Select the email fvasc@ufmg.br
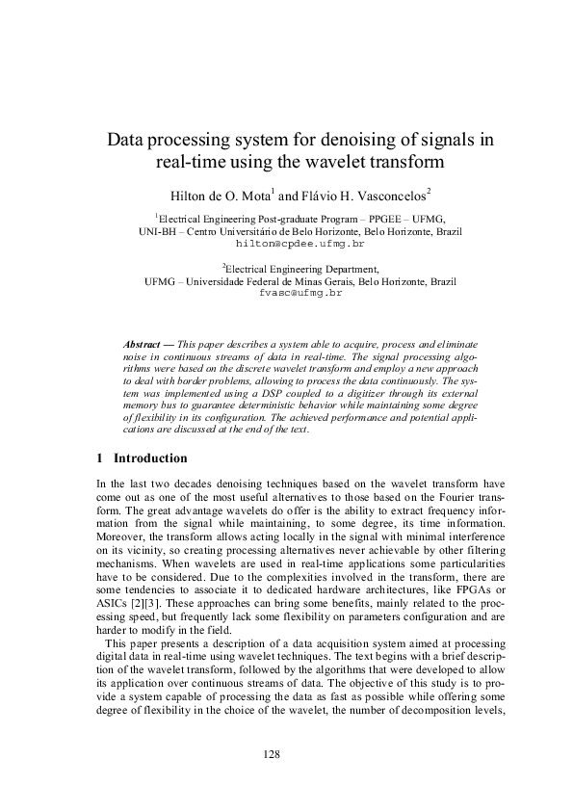[300, 292]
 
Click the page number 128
[272, 754]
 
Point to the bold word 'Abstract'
[143, 344]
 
